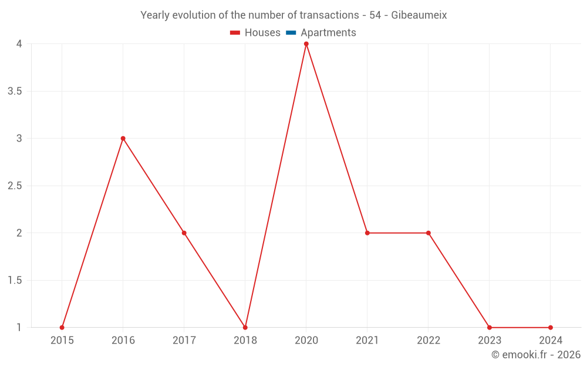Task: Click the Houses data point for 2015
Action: [62, 328]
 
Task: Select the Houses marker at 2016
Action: [123, 139]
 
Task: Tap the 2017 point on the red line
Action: [184, 233]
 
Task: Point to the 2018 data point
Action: [245, 328]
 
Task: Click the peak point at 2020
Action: [306, 44]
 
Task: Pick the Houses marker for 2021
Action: [367, 233]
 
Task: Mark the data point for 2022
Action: [429, 233]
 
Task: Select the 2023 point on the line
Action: [490, 328]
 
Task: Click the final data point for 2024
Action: [551, 328]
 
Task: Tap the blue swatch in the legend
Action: [291, 33]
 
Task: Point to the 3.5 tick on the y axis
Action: [15, 91]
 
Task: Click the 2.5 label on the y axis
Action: [15, 186]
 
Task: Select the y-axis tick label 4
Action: [19, 44]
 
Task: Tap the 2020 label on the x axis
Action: [306, 340]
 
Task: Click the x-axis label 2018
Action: [245, 340]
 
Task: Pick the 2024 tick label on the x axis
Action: [551, 340]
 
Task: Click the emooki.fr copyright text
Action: [536, 355]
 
